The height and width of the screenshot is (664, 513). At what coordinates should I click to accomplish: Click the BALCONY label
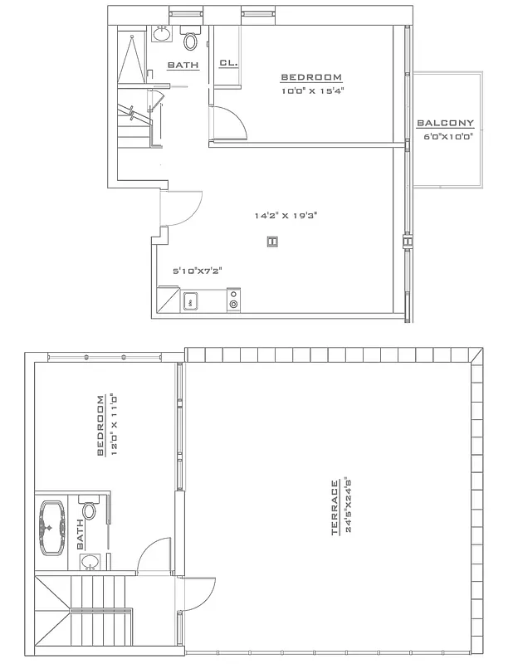445,123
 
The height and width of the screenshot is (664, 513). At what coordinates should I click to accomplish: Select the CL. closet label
228,63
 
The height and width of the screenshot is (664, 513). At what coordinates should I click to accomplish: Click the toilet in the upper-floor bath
191,39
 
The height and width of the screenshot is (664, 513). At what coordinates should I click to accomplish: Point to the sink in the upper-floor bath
161,34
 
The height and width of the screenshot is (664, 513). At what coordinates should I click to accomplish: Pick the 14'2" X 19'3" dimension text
286,215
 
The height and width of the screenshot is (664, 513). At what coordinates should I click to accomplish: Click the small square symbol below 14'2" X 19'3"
271,242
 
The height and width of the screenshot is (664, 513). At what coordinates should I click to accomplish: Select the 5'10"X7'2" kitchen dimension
197,271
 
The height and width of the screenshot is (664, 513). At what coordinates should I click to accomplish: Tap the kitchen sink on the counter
190,301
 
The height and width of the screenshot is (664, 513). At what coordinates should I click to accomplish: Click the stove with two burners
233,300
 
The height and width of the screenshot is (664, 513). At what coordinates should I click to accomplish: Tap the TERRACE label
335,507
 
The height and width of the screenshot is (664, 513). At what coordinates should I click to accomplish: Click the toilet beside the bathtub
89,510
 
